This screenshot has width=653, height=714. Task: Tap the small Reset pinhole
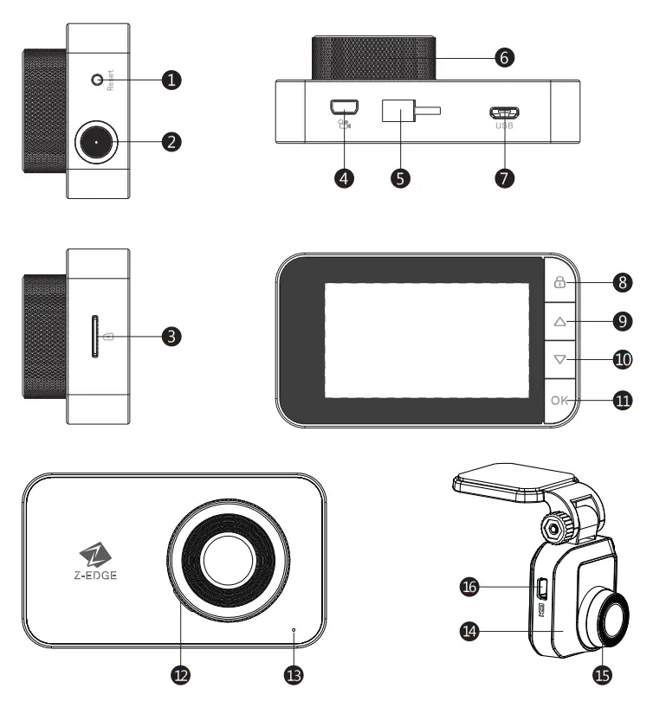98,80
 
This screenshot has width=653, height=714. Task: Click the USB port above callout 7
503,113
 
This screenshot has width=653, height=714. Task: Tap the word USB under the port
504,126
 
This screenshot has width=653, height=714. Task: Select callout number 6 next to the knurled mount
505,58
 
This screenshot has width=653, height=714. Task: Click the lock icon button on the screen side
559,281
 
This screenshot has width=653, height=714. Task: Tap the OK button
559,400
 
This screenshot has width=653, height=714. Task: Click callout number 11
622,401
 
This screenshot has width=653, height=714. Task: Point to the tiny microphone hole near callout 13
294,629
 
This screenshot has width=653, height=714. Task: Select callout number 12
181,671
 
